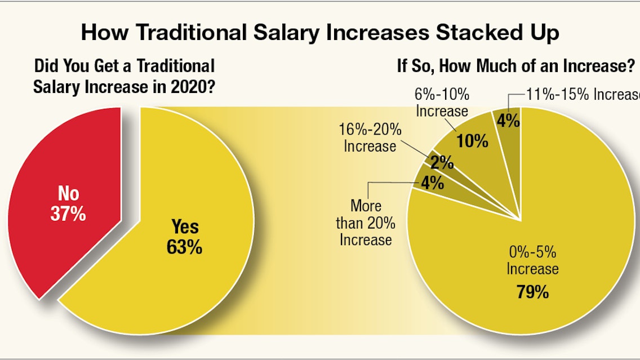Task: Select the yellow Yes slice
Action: (x=169, y=270)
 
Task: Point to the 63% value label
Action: (x=184, y=247)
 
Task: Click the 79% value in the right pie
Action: (x=532, y=292)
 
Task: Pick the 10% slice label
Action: (x=473, y=140)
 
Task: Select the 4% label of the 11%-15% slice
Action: (x=509, y=120)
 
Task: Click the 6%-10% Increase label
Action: (x=442, y=102)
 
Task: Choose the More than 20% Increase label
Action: (x=366, y=223)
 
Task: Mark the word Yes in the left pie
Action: (x=185, y=227)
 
